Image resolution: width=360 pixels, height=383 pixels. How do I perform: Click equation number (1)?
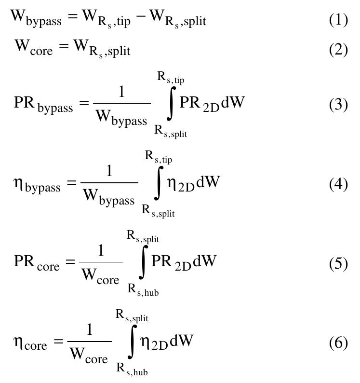pos(338,20)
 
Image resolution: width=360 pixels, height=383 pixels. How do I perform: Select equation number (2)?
pos(338,49)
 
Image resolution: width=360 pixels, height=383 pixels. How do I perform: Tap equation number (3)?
pos(338,105)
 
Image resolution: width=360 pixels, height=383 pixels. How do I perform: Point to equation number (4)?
pos(338,184)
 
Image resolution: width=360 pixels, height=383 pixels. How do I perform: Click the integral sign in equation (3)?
pos(170,105)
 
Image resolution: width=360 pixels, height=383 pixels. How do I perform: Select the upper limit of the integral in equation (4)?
pos(159,157)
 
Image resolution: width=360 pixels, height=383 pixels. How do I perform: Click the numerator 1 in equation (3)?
pos(121,93)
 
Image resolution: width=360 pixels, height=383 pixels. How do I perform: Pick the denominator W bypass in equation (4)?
pos(109,197)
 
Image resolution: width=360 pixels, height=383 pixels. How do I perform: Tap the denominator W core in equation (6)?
pos(89,356)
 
